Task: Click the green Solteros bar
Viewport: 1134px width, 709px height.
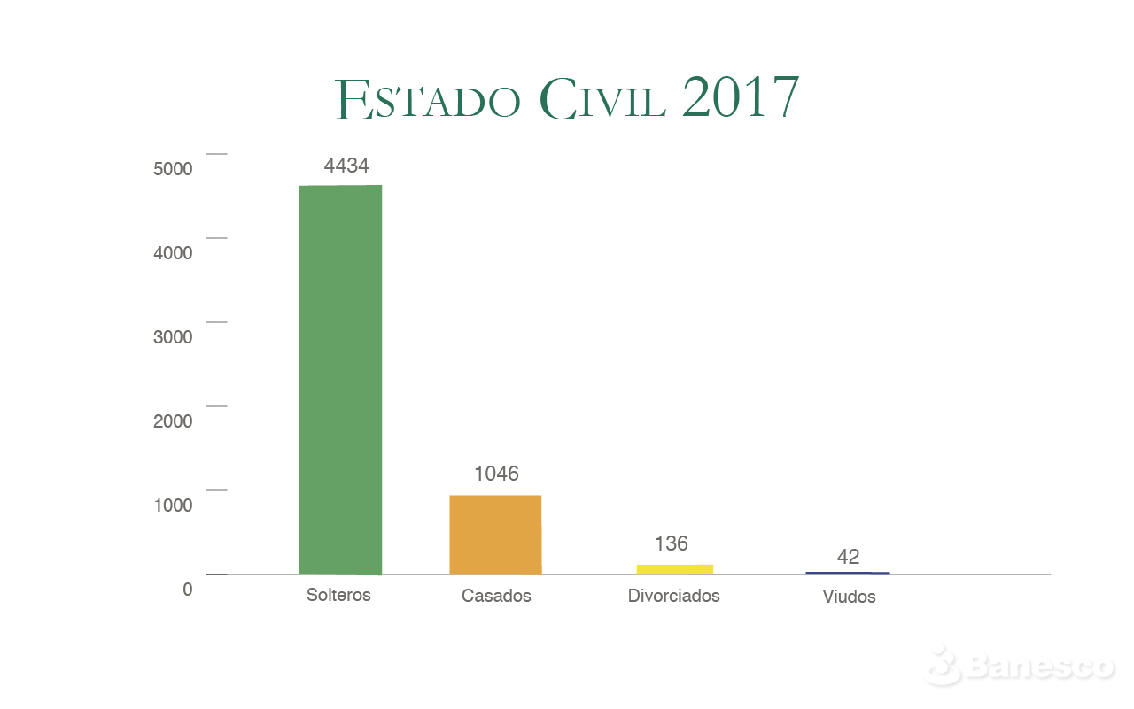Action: tap(340, 380)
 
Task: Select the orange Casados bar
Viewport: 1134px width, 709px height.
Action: tap(495, 535)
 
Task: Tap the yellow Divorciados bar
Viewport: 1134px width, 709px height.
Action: tap(674, 569)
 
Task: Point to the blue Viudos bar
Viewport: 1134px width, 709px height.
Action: tap(847, 574)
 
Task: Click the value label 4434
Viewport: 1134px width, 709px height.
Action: tap(346, 166)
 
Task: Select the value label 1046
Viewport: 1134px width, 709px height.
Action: tap(496, 474)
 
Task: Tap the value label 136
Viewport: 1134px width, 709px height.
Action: tap(671, 543)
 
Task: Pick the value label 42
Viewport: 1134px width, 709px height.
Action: tap(848, 557)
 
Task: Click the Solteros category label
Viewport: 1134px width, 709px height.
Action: tap(338, 595)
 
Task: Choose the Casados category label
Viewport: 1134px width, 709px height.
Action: tap(496, 596)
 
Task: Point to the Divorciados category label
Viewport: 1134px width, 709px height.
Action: tap(673, 596)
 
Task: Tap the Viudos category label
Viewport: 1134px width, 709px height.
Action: tap(849, 597)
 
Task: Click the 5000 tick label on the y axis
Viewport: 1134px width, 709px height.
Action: tap(173, 168)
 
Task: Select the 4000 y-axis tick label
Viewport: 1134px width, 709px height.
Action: tap(173, 252)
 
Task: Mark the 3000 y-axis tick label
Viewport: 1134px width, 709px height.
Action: tap(173, 336)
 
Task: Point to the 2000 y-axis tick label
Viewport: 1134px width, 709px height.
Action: tap(173, 420)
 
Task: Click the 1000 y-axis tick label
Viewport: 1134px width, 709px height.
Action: tap(173, 505)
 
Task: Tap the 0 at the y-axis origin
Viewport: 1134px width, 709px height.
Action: tap(187, 589)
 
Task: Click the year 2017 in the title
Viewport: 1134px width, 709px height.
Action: tap(741, 97)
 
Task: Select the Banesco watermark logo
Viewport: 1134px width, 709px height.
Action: tap(1019, 665)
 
